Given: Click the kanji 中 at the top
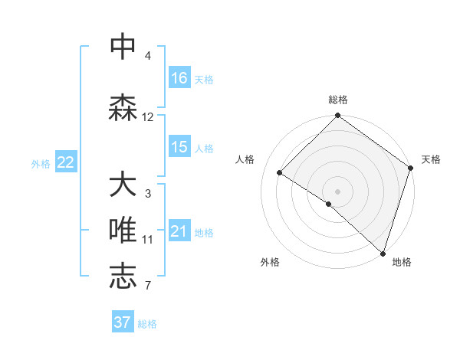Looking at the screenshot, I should pyautogui.click(x=123, y=47).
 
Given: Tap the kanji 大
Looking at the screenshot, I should pyautogui.click(x=123, y=185).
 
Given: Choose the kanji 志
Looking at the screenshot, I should pyautogui.click(x=123, y=277).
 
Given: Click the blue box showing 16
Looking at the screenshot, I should pyautogui.click(x=179, y=78).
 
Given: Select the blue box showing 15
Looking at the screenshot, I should pyautogui.click(x=179, y=147).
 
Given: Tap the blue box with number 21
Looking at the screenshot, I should pyautogui.click(x=179, y=231).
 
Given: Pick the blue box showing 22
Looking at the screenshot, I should pyautogui.click(x=66, y=162).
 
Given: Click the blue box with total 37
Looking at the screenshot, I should pyautogui.click(x=123, y=322).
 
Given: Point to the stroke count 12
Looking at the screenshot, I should pyautogui.click(x=148, y=117).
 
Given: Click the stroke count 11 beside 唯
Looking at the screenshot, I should pyautogui.click(x=148, y=240).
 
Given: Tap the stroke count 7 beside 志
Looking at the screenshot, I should pyautogui.click(x=148, y=286).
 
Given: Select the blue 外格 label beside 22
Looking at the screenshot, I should pyautogui.click(x=40, y=163).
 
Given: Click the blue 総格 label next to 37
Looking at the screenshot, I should pyautogui.click(x=147, y=323).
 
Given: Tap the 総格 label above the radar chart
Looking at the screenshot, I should pyautogui.click(x=338, y=100).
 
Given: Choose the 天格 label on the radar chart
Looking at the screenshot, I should pyautogui.click(x=431, y=159).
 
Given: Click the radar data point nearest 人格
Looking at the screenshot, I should pyautogui.click(x=280, y=173).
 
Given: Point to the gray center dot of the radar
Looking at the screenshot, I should pyautogui.click(x=337, y=191).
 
